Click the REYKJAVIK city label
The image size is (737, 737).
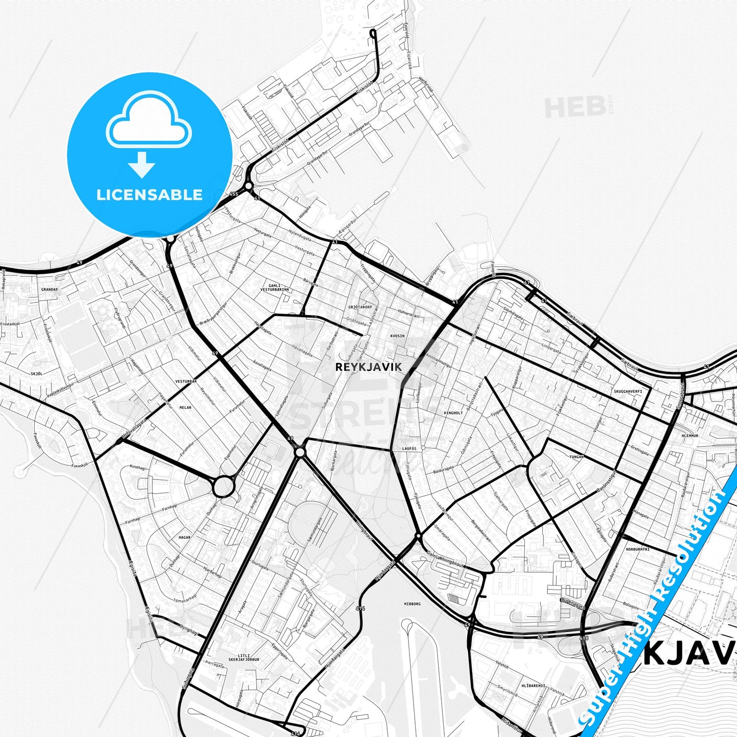pyautogui.click(x=368, y=367)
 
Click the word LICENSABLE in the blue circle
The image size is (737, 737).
pyautogui.click(x=149, y=194)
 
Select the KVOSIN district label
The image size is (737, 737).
pyautogui.click(x=397, y=336)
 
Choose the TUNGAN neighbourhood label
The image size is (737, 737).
pyautogui.click(x=576, y=457)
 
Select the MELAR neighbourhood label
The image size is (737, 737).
pyautogui.click(x=185, y=408)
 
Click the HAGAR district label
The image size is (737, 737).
pyautogui.click(x=184, y=537)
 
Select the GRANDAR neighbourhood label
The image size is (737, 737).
pyautogui.click(x=49, y=289)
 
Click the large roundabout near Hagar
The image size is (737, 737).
pyautogui.click(x=223, y=487)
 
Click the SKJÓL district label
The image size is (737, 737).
pyautogui.click(x=36, y=373)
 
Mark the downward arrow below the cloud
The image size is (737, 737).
pyautogui.click(x=142, y=164)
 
